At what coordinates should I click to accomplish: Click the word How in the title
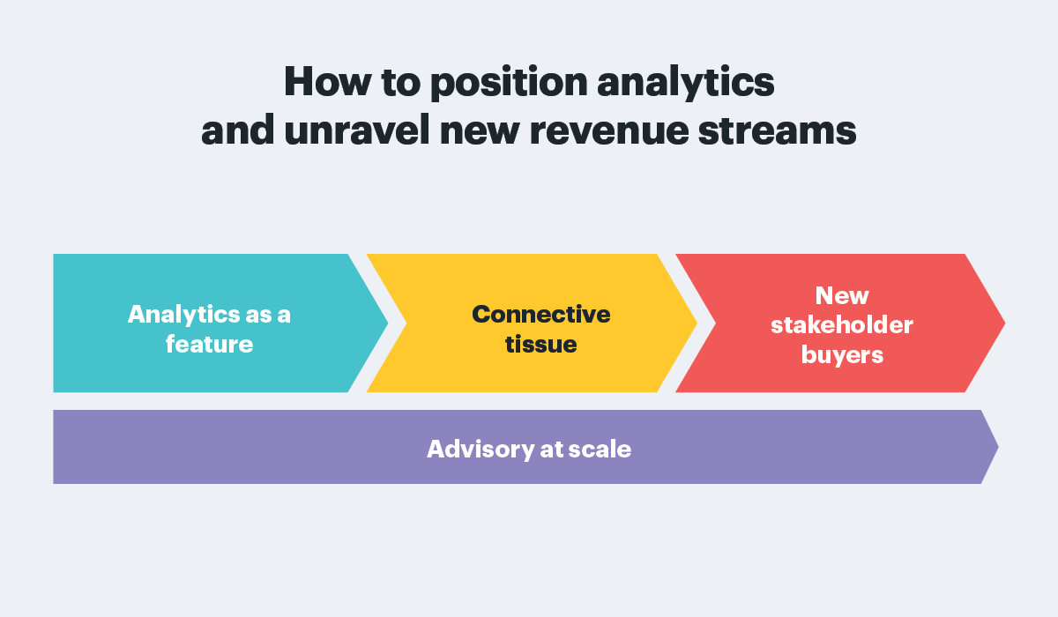(x=327, y=82)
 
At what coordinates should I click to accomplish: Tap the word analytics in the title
(x=686, y=84)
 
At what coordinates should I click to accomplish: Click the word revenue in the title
(x=609, y=131)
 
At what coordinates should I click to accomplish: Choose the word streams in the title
(x=777, y=130)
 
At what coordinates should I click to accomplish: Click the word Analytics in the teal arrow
(x=183, y=316)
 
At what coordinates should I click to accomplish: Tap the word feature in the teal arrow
(x=209, y=344)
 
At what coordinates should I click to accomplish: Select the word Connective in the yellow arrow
(x=540, y=315)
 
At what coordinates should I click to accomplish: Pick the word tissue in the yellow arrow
(x=540, y=344)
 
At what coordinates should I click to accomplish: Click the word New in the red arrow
(x=842, y=296)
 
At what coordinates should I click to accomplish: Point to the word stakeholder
(x=842, y=324)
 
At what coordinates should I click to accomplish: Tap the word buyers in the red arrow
(x=842, y=355)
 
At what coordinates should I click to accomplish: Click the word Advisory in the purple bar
(x=481, y=450)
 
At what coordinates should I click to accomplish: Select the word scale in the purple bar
(x=600, y=449)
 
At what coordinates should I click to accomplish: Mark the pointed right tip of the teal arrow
(x=388, y=323)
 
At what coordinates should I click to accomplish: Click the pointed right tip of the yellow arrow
(x=697, y=323)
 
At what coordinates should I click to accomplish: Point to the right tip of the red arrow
(x=1004, y=323)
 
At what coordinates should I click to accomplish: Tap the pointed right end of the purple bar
(x=998, y=447)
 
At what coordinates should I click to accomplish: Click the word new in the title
(x=480, y=131)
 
